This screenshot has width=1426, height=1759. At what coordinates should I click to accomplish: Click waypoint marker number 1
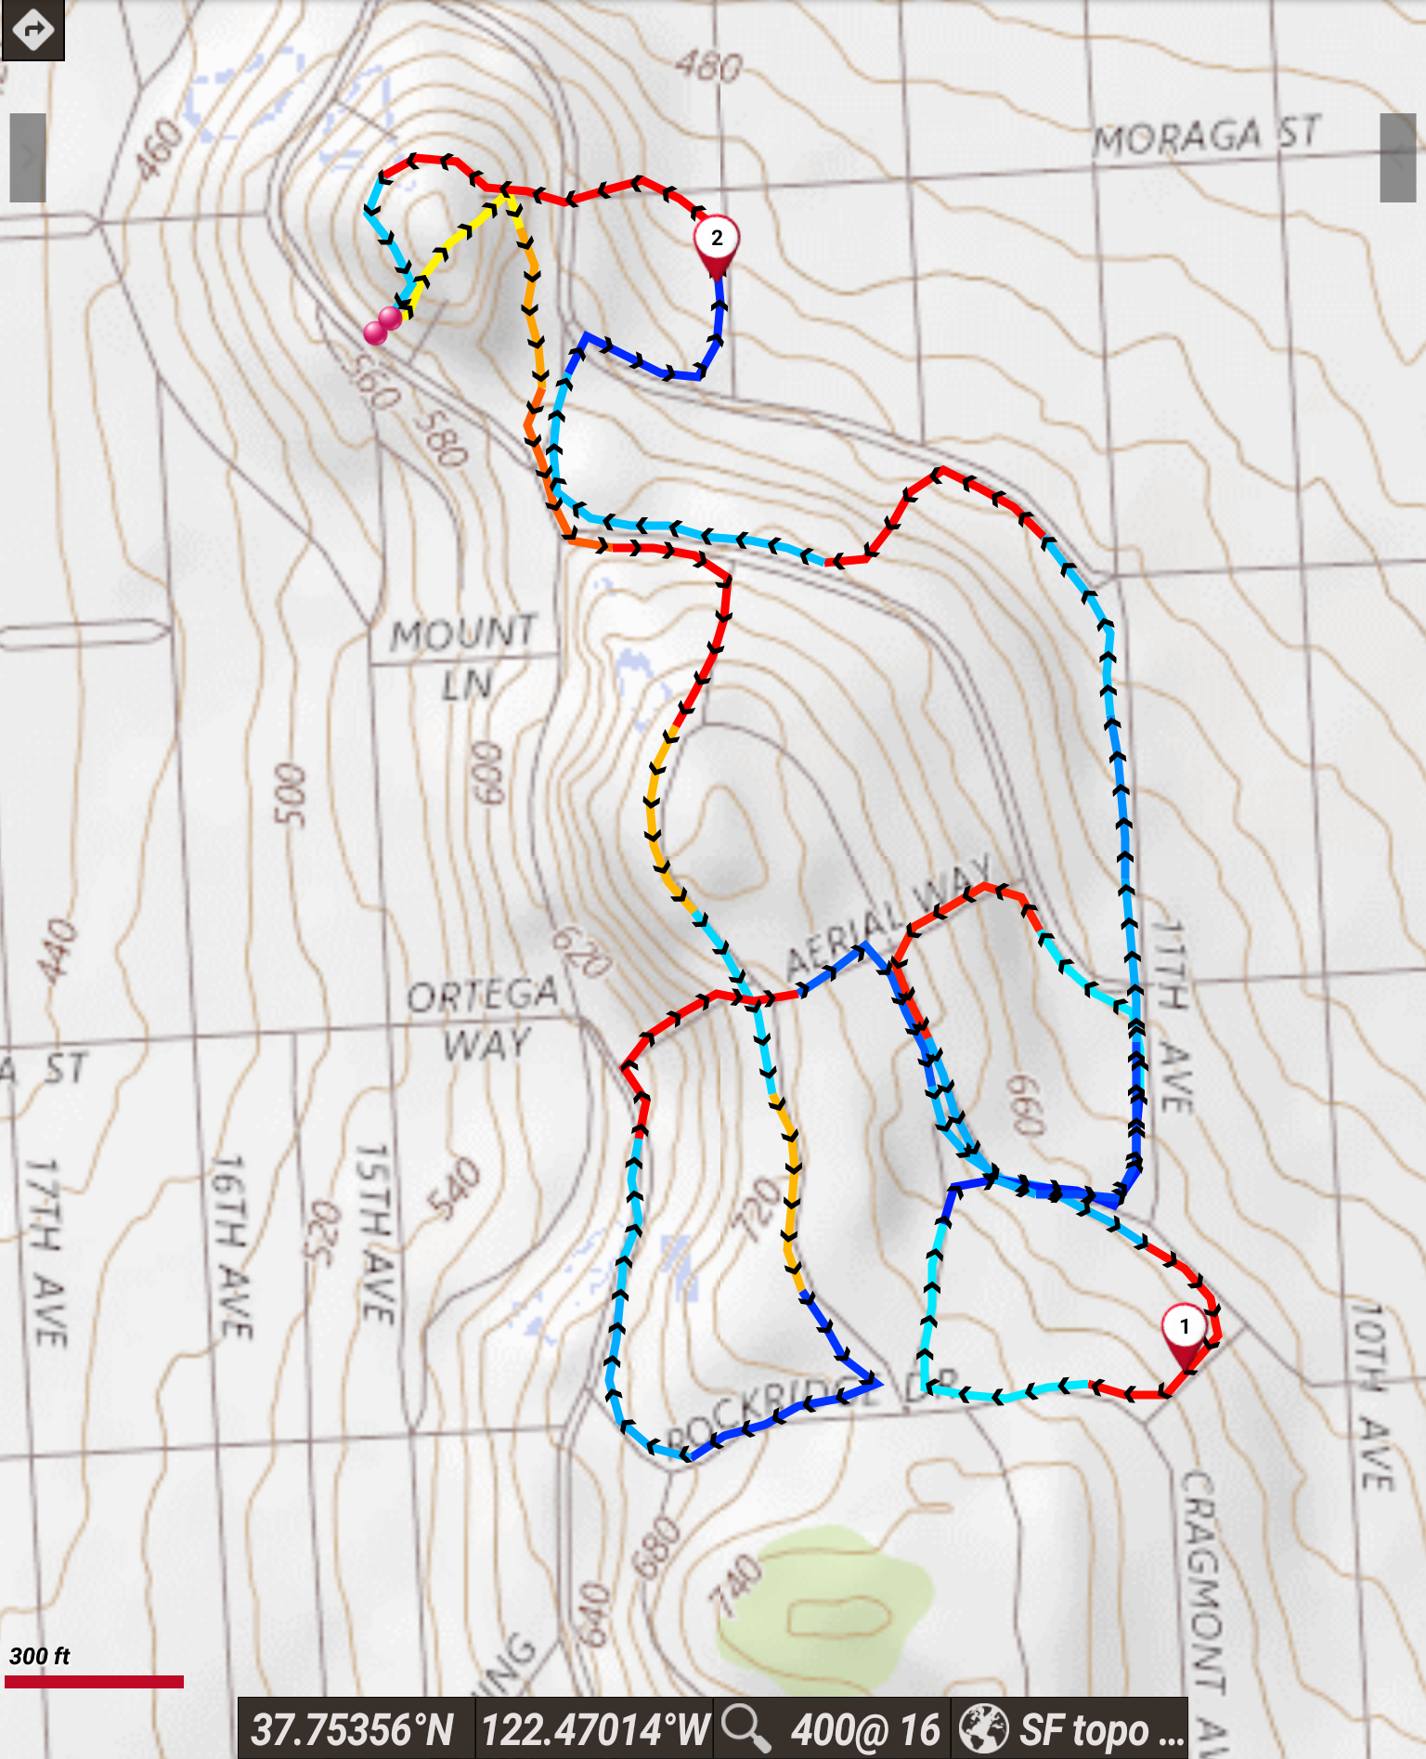pyautogui.click(x=1184, y=1330)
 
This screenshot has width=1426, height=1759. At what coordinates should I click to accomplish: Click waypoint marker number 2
pyautogui.click(x=716, y=241)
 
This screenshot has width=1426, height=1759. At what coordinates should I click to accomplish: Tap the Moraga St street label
pyautogui.click(x=1206, y=137)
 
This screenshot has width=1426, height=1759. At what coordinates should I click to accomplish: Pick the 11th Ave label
pyautogui.click(x=1171, y=1016)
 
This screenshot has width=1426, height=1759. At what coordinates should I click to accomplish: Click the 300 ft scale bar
pyautogui.click(x=94, y=1681)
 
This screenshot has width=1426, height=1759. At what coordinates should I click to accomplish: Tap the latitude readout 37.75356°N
pyautogui.click(x=353, y=1729)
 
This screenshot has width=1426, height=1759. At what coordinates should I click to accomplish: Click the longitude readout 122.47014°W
pyautogui.click(x=595, y=1729)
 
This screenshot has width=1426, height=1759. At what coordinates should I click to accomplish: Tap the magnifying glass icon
pyautogui.click(x=745, y=1728)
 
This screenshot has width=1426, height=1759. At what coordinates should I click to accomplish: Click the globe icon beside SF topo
pyautogui.click(x=983, y=1729)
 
